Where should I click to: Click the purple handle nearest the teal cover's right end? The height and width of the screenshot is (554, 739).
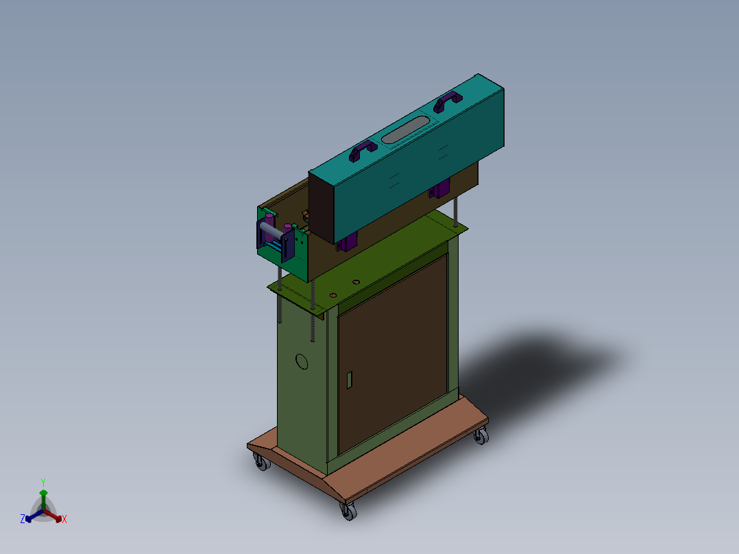click(447, 101)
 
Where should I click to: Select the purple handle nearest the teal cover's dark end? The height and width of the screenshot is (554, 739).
click(363, 150)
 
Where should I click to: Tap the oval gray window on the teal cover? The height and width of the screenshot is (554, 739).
click(405, 130)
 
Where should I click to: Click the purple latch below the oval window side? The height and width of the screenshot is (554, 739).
click(439, 189)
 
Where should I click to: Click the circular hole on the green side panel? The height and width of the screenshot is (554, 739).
click(302, 361)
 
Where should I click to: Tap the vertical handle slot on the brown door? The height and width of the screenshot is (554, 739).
click(350, 380)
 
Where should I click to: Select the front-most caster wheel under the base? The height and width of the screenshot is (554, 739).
click(349, 511)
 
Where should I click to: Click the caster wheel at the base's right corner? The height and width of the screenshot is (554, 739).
click(481, 436)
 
